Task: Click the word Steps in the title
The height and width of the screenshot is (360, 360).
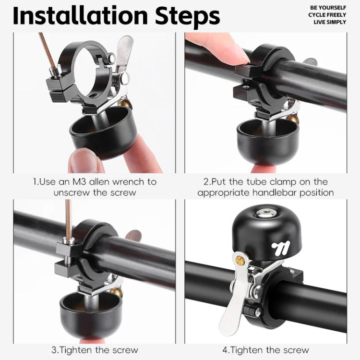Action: point(188,16)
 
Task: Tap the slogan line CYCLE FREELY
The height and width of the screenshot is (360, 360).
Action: point(327,15)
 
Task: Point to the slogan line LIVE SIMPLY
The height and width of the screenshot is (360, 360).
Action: point(330,22)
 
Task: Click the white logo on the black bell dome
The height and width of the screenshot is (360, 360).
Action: point(281,249)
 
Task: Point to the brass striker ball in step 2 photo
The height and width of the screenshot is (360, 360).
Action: point(292,119)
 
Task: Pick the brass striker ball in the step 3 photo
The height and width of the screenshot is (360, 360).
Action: point(116,292)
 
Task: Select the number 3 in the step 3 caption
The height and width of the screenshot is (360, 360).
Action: point(54,350)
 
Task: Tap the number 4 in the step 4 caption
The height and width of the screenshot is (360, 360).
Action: point(225,350)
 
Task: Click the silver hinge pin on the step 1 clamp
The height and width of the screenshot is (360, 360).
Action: point(111,58)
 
